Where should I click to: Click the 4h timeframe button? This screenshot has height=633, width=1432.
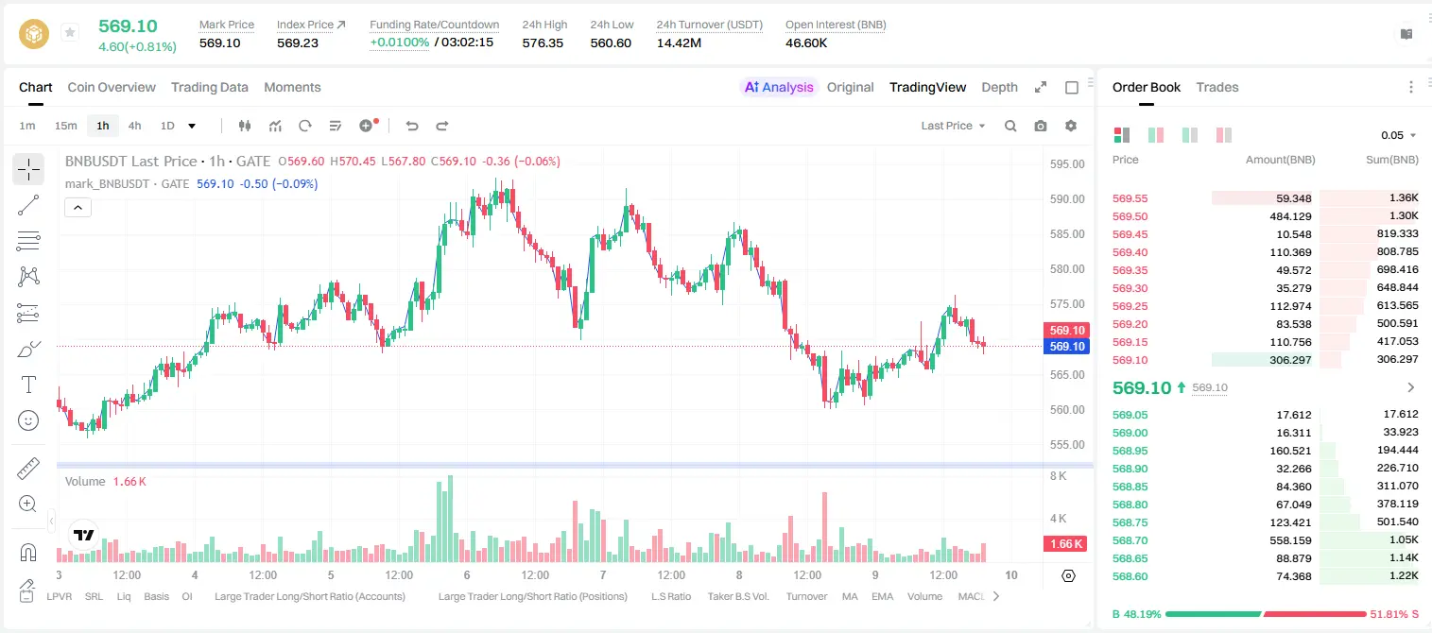tap(134, 126)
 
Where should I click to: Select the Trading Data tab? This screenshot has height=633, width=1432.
tap(210, 87)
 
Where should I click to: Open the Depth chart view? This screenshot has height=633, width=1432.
tap(999, 87)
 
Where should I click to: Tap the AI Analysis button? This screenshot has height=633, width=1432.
tap(779, 87)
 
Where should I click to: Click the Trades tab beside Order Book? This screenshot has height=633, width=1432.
tap(1217, 87)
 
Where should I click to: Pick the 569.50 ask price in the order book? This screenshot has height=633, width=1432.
tap(1130, 216)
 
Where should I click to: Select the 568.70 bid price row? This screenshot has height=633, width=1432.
tap(1130, 540)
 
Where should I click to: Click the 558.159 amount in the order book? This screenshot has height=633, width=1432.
tap(1290, 540)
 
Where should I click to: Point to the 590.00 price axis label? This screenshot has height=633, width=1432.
tap(1067, 199)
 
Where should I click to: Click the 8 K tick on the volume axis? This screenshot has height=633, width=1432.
tap(1058, 476)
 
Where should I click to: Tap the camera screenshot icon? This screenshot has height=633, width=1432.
tap(1041, 126)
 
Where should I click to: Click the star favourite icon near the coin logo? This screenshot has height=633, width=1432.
tap(70, 32)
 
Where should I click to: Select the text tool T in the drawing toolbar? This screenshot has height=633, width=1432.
tap(28, 385)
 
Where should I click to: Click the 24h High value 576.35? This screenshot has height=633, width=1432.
tap(543, 43)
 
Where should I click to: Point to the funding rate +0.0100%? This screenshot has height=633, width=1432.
tap(400, 43)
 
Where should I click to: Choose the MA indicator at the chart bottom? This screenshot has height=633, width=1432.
tap(850, 596)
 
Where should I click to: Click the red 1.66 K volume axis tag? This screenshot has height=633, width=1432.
tap(1065, 544)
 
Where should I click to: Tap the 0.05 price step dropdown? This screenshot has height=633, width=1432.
tap(1398, 135)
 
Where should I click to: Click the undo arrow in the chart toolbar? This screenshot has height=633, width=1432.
tap(412, 126)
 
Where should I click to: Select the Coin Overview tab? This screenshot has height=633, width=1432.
tap(112, 87)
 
